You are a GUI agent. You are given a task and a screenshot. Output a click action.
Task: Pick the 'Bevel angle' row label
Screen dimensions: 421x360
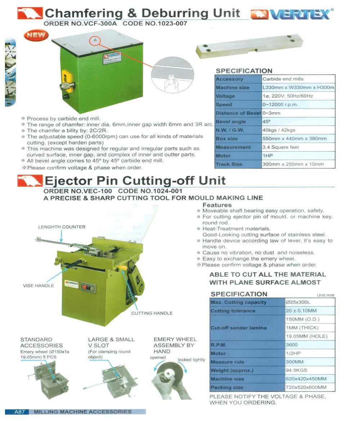click(x=231, y=122)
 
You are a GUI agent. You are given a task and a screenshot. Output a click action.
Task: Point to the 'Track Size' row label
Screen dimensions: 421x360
click(x=229, y=164)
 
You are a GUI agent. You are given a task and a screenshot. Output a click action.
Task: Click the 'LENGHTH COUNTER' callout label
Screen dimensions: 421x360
click(x=62, y=227)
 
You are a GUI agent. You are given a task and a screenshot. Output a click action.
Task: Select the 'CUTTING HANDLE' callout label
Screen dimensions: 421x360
click(x=152, y=313)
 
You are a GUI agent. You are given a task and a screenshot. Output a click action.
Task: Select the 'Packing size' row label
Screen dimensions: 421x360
click(x=227, y=388)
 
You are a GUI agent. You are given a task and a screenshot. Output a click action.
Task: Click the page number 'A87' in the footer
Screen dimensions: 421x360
click(x=19, y=412)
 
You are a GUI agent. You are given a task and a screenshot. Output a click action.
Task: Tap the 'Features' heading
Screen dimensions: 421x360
click(x=217, y=205)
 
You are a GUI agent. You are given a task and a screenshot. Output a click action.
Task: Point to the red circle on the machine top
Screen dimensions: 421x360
click(x=95, y=41)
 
